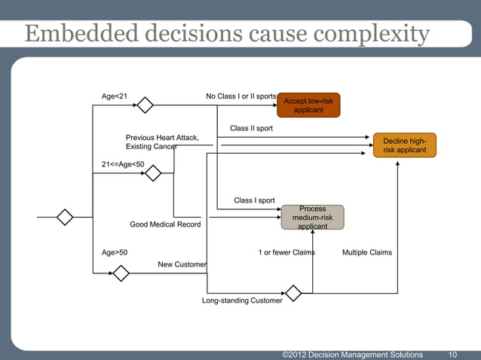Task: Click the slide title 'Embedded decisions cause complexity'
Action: point(226,33)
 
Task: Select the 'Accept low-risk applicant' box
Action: point(308,105)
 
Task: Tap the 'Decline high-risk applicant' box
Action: point(405,145)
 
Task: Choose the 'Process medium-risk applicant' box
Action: point(312,218)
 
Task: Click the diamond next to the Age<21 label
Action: point(145,105)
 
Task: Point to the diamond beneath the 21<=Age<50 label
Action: point(153,174)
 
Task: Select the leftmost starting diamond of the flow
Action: point(66,217)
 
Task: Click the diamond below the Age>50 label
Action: point(120,273)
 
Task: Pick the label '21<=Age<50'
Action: point(122,164)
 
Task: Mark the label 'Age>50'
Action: point(115,252)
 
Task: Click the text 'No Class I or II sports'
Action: point(240,96)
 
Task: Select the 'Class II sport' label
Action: point(251,128)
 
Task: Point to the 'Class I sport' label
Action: point(254,200)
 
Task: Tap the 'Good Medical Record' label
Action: point(165,224)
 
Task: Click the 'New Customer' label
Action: point(182,264)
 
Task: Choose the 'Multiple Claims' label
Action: point(366,252)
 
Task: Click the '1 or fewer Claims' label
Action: point(286,252)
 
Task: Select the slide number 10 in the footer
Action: point(452,355)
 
